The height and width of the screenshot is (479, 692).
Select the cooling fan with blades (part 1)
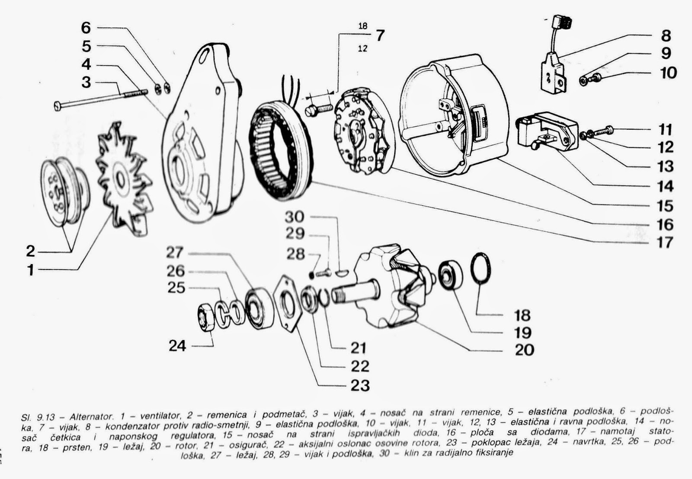(x=124, y=179)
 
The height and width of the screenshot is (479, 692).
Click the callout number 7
(x=380, y=35)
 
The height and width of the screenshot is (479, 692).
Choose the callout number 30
(x=295, y=217)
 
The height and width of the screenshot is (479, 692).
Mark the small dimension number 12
(x=363, y=48)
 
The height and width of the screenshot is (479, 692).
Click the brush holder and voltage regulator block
(x=548, y=131)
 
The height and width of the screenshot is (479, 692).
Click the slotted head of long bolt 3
(x=58, y=106)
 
